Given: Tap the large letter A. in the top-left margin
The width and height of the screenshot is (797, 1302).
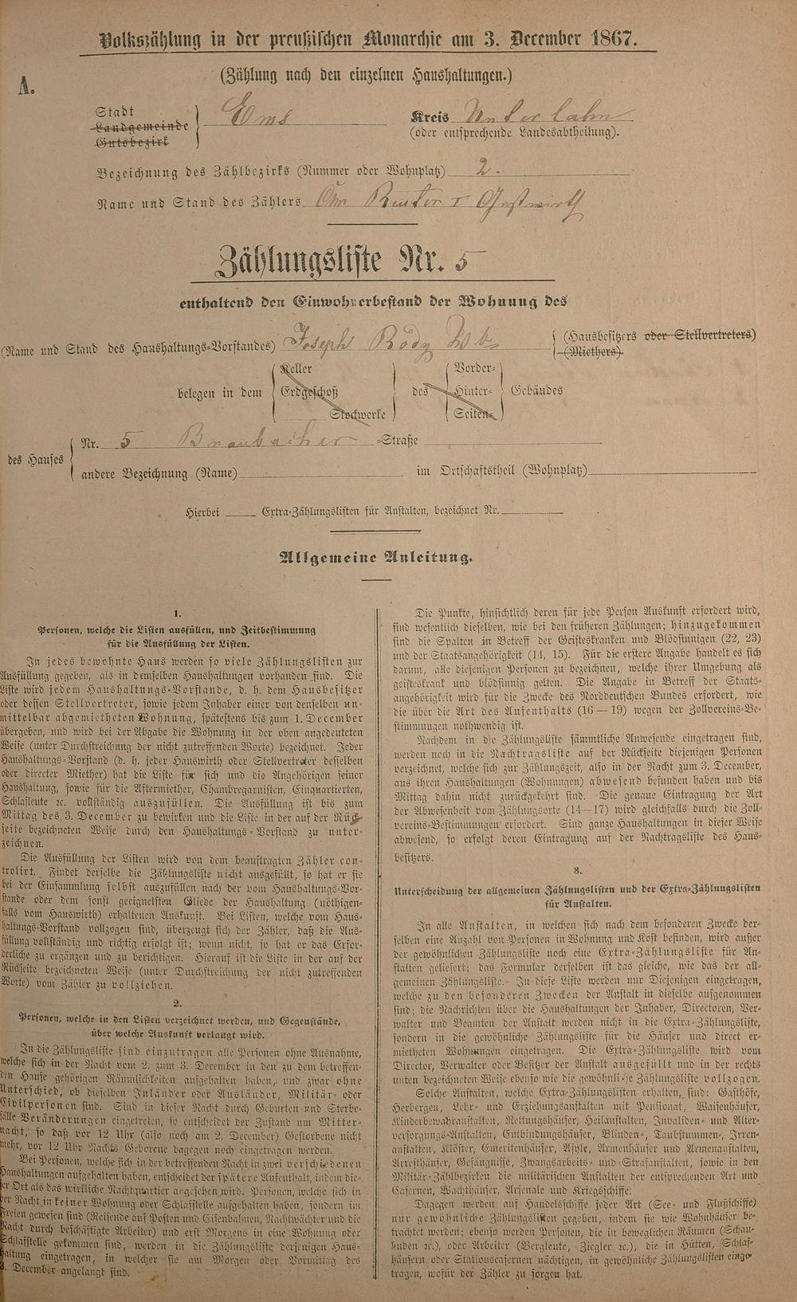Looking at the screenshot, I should (x=26, y=86).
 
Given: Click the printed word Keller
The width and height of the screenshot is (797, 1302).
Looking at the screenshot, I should (x=295, y=370).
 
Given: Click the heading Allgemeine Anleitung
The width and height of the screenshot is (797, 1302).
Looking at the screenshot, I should (x=374, y=558).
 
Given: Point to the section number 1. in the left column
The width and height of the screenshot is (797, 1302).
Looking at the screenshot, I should (x=178, y=614).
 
